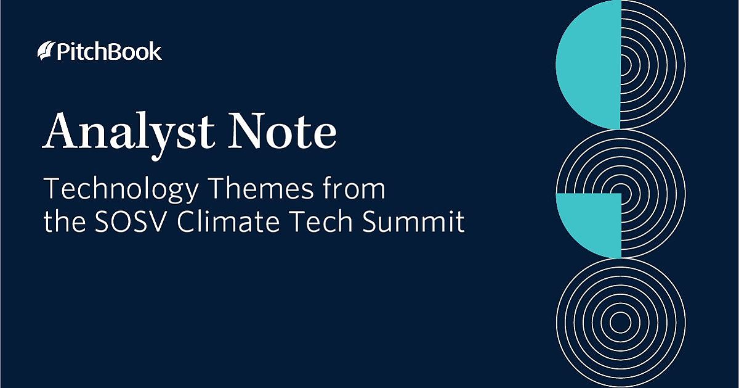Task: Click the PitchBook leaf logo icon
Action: [46, 51]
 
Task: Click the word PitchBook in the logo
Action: [108, 52]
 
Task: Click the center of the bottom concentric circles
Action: [620, 323]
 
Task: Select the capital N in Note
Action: [250, 131]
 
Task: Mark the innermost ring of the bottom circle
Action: [620, 312]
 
